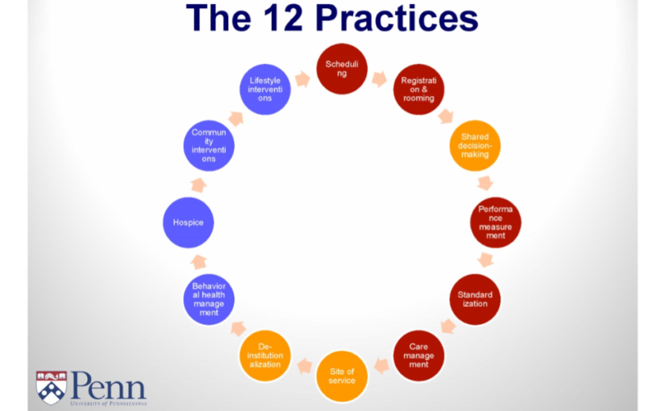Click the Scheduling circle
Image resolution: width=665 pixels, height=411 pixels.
342,68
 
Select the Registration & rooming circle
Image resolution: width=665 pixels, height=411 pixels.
418,89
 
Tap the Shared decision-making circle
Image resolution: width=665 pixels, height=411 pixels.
475,146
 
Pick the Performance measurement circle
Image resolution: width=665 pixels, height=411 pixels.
496,222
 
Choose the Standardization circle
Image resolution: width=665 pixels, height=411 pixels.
475,299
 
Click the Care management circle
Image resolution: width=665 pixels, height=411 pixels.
418,355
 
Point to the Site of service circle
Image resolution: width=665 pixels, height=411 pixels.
342,376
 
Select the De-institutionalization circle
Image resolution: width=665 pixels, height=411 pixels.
265,355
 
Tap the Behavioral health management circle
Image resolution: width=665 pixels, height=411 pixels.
209,299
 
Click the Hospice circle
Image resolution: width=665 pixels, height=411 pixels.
189,222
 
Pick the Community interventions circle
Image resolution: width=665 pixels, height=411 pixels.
209,146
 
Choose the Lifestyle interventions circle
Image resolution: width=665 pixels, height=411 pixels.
265,89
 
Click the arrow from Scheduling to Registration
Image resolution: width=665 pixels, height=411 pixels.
380,78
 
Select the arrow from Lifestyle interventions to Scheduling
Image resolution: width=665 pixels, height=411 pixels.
303,79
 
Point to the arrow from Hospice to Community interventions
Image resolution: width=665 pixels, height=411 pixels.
198,185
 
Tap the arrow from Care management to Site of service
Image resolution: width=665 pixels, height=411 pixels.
381,366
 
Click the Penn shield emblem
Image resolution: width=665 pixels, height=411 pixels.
52,388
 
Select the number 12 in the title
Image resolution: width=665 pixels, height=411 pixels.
283,19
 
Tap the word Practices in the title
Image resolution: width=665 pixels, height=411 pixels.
397,19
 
